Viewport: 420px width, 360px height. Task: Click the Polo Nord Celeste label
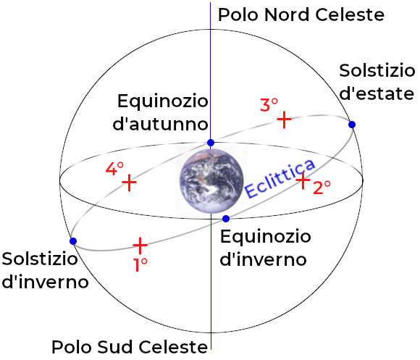click(x=301, y=14)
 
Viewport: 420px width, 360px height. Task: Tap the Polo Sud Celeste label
click(x=130, y=347)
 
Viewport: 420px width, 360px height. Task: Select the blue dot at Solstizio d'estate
click(x=352, y=125)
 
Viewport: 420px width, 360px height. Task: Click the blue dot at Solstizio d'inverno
click(x=73, y=241)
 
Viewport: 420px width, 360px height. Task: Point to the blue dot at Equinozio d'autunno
click(x=211, y=143)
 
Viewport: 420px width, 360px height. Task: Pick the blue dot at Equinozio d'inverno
click(x=226, y=219)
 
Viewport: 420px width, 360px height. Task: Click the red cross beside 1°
click(x=140, y=245)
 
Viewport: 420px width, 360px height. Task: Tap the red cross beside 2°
click(x=303, y=180)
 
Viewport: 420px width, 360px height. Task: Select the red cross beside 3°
click(x=284, y=120)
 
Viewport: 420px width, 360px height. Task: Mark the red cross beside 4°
click(x=129, y=183)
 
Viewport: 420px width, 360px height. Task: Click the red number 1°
click(x=140, y=265)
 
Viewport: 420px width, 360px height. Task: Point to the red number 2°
click(x=322, y=188)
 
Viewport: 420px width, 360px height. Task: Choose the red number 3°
click(x=269, y=105)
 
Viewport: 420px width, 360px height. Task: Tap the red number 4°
click(x=114, y=169)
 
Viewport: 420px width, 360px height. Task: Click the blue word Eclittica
click(x=280, y=178)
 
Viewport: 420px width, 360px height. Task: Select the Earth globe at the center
click(x=211, y=181)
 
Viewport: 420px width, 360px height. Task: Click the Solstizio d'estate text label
click(x=377, y=82)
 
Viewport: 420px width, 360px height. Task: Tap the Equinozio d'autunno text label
click(x=161, y=112)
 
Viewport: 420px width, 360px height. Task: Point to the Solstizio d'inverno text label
click(x=46, y=270)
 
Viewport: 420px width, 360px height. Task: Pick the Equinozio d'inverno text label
click(x=266, y=248)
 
